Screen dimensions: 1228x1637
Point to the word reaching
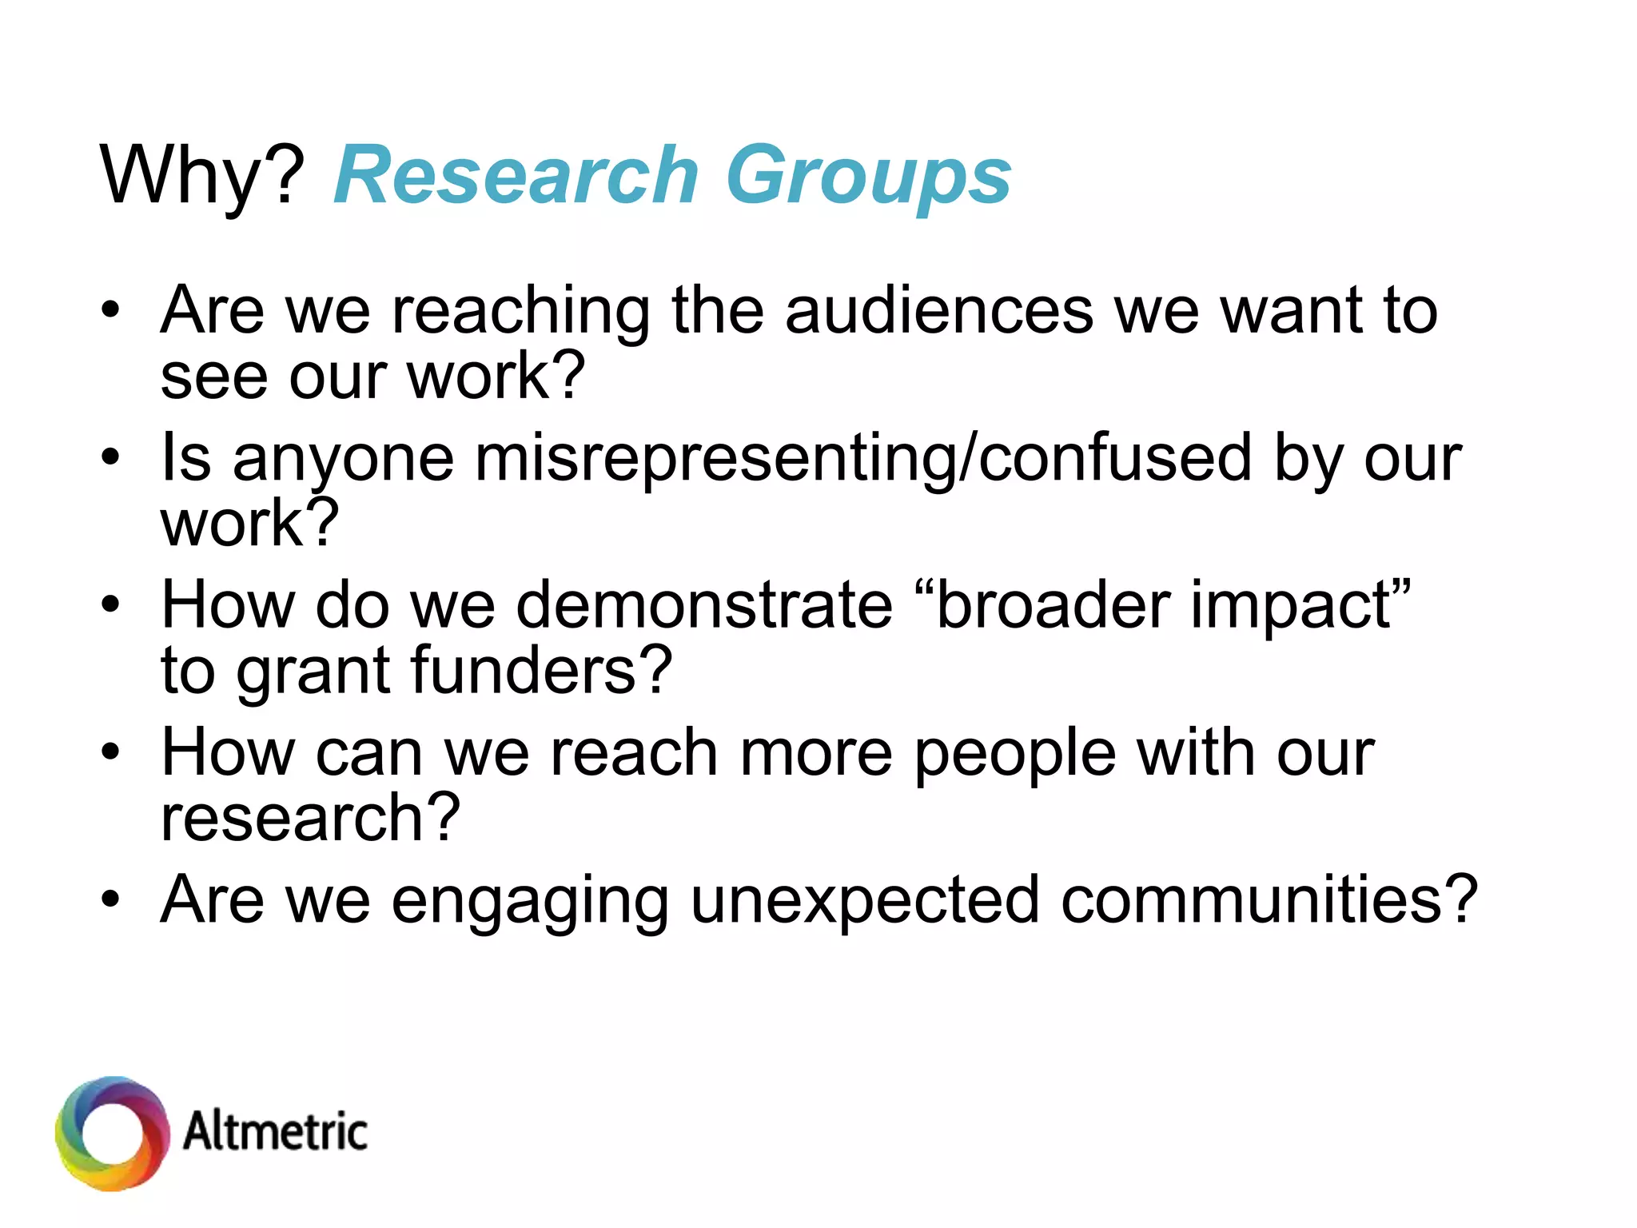(520, 312)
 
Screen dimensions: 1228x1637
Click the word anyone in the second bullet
(344, 460)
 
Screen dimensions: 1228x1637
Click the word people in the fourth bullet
(1014, 755)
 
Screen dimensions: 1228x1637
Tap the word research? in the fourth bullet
(310, 819)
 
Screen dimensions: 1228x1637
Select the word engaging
(529, 902)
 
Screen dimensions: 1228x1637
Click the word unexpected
(864, 902)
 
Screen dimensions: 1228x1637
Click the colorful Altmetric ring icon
(112, 1133)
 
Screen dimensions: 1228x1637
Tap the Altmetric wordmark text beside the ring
(275, 1131)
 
